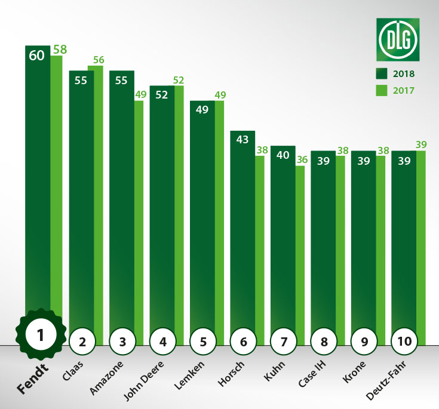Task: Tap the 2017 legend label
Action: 404,91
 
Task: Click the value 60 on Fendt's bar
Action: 37,56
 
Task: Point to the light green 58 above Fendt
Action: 59,49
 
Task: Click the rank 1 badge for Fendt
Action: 40,335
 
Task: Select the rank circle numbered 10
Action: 404,342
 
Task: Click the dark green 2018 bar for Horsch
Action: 242,227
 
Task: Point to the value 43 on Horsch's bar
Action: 242,141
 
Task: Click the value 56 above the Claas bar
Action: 99,60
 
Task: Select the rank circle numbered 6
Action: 243,342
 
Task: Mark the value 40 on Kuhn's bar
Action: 283,155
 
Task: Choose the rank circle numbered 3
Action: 122,342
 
